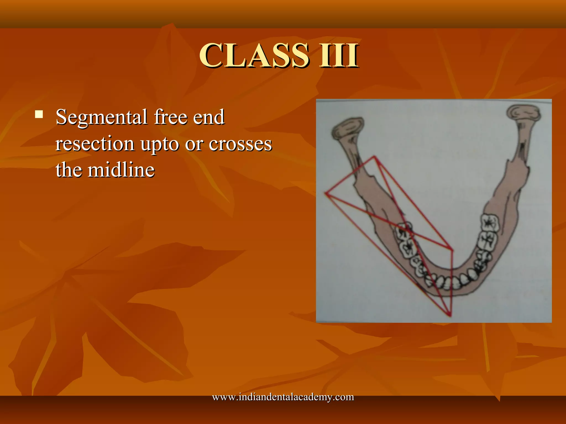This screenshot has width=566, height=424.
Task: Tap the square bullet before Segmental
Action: pos(39,114)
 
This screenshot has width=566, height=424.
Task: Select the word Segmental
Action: pos(101,118)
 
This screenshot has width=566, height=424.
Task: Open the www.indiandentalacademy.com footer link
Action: pos(283,397)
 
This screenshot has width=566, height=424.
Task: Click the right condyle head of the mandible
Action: pos(523,113)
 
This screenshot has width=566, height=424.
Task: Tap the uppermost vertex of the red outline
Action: pos(374,157)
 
